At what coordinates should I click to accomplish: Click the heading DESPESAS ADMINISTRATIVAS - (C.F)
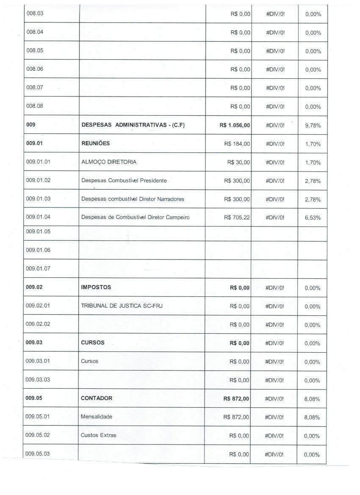(x=133, y=125)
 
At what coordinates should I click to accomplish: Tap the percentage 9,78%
(x=313, y=125)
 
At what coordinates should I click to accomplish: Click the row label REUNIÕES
(x=95, y=143)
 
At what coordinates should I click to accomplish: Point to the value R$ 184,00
(x=237, y=144)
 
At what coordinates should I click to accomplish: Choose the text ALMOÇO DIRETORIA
(x=109, y=162)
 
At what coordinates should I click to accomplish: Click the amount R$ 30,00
(x=239, y=162)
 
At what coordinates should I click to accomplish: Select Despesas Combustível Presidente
(x=124, y=180)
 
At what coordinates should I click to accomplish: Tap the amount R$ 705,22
(x=237, y=218)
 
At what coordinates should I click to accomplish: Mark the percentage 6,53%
(x=313, y=218)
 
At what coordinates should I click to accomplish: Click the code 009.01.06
(x=38, y=250)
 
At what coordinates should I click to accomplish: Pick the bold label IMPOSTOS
(x=96, y=287)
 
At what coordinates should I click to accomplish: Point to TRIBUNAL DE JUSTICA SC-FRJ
(x=122, y=306)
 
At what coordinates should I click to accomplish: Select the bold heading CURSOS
(x=93, y=343)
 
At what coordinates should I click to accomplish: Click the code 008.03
(x=35, y=13)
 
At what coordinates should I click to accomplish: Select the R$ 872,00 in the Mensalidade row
(x=236, y=417)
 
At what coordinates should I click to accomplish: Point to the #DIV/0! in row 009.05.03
(x=274, y=454)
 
